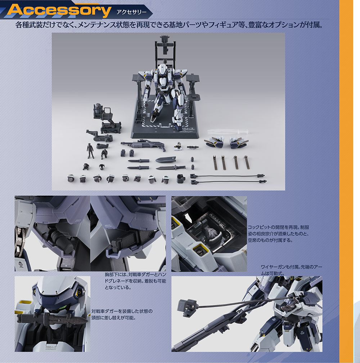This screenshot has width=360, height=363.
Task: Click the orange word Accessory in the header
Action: pyautogui.click(x=59, y=10)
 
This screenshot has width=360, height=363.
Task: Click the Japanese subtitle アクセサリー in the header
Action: pyautogui.click(x=131, y=12)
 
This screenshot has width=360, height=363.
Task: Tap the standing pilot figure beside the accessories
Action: pyautogui.click(x=90, y=151)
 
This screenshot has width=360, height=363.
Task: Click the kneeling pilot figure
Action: pyautogui.click(x=104, y=154)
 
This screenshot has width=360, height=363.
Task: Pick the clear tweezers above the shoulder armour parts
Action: pyautogui.click(x=228, y=132)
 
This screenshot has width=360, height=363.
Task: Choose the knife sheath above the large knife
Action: pyautogui.click(x=166, y=159)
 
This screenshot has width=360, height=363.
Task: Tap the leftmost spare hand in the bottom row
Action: pyautogui.click(x=71, y=178)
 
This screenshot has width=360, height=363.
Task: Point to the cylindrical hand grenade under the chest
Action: pyautogui.click(x=62, y=241)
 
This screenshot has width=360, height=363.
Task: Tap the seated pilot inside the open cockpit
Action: pyautogui.click(x=211, y=233)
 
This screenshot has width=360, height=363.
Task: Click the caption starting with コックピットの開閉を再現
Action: pyautogui.click(x=278, y=234)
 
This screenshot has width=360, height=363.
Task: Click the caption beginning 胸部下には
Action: pyautogui.click(x=135, y=281)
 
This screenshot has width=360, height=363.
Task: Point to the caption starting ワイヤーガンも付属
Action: pyautogui.click(x=291, y=270)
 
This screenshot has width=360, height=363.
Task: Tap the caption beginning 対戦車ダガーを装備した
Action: pyautogui.click(x=122, y=314)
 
